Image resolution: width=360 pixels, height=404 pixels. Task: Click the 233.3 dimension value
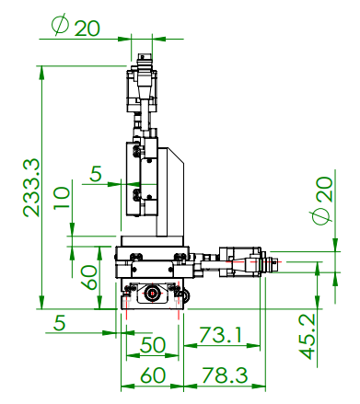[31, 188]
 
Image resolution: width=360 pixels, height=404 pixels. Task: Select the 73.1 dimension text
[220, 334]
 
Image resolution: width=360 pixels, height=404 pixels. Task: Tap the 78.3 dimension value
[225, 375]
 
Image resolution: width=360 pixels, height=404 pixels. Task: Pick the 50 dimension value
[153, 345]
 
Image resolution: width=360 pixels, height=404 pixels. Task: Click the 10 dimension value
[62, 198]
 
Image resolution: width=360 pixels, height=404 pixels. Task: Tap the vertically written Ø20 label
[323, 201]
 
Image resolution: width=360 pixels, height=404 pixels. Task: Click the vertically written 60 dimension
[88, 277]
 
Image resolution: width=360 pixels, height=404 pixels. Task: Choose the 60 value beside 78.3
[153, 375]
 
